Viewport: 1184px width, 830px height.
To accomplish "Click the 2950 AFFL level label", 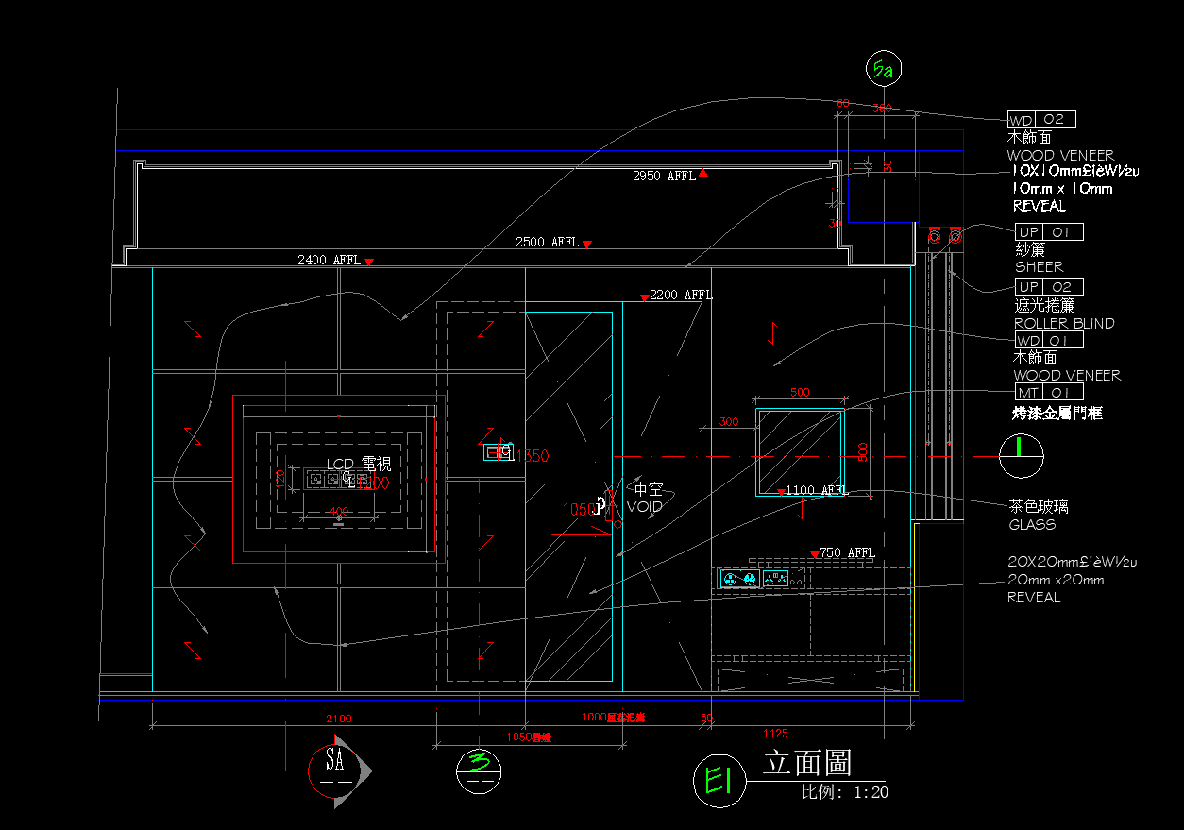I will tap(664, 177).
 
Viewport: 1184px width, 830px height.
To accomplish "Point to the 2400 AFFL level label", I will tap(329, 260).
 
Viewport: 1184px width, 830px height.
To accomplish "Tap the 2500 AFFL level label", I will tap(547, 243).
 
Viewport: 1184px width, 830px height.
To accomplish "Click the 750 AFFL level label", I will tap(847, 553).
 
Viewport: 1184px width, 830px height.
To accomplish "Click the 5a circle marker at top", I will tap(885, 69).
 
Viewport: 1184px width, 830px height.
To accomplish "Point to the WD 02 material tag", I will tap(1041, 120).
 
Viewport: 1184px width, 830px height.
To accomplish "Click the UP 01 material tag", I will tap(1049, 232).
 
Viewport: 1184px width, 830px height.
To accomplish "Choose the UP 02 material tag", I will tap(1049, 287).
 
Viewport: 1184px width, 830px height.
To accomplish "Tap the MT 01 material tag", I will tap(1049, 393).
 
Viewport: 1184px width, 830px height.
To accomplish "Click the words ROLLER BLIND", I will tap(1064, 324).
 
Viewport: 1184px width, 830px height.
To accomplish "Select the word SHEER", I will tap(1039, 267).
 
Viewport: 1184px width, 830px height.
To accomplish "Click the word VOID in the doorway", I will tap(645, 507).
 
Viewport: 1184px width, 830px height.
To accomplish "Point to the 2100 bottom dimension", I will tap(339, 720).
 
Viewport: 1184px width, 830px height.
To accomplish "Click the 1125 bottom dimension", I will tap(773, 734).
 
